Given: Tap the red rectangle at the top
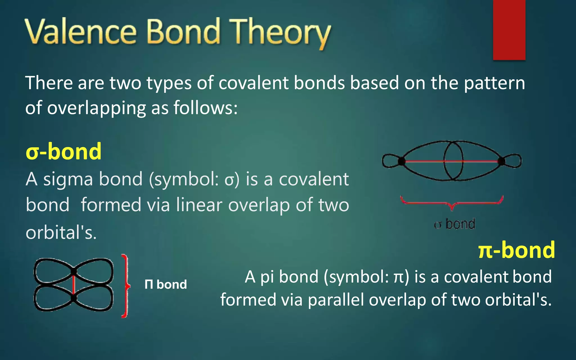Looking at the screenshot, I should click(x=509, y=30).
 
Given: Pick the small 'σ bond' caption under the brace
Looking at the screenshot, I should click(x=454, y=224).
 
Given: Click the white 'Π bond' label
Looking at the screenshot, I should click(x=166, y=285).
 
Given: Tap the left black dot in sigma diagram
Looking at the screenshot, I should click(x=401, y=161).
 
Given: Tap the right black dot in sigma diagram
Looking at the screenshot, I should click(x=501, y=161).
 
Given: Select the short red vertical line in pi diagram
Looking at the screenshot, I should click(x=74, y=285).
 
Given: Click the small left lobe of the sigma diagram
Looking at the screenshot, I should click(x=390, y=161).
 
